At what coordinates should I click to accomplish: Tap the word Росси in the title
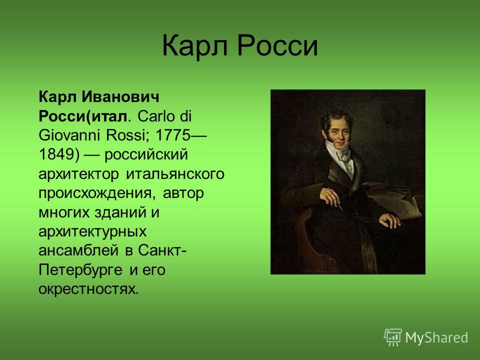point(277,46)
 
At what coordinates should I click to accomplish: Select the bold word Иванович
point(120,97)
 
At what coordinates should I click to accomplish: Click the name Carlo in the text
point(157,116)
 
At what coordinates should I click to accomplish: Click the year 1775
point(173,135)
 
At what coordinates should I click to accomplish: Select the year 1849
point(56,154)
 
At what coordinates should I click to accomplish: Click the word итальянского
point(175,174)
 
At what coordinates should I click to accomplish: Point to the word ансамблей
point(78,250)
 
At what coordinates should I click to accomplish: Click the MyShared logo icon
point(393,337)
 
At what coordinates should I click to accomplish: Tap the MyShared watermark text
point(436,337)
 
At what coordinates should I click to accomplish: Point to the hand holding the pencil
point(330,197)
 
